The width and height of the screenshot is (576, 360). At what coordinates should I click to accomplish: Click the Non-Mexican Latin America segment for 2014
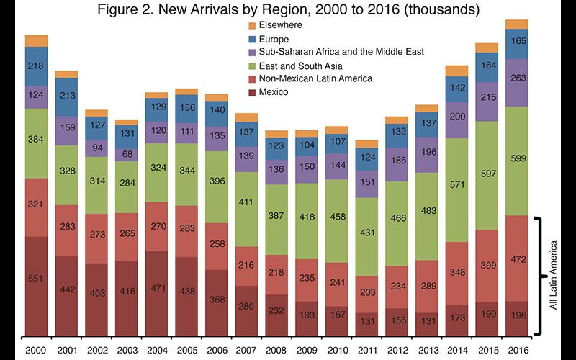(456, 273)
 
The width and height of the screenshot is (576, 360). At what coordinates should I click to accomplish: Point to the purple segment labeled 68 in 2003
(127, 154)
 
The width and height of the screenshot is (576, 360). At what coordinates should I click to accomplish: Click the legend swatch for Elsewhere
(251, 25)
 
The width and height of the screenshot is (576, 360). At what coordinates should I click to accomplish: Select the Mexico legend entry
(274, 91)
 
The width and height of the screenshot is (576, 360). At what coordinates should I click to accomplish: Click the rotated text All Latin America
(554, 276)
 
